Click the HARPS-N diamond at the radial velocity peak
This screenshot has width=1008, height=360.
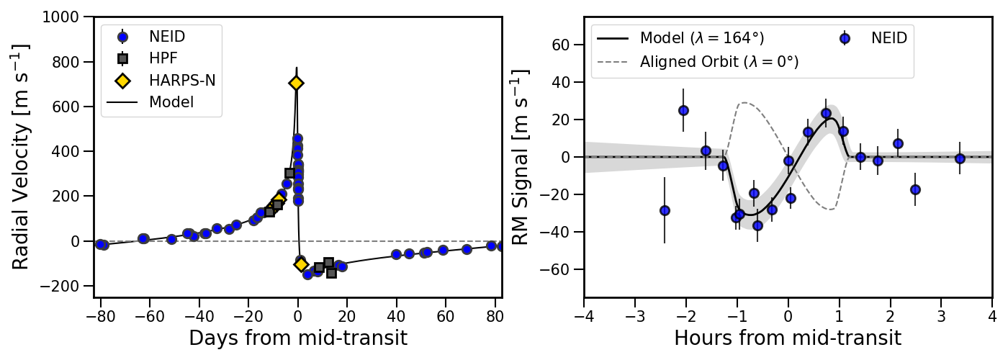point(296,83)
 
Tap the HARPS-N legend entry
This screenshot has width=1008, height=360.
point(181,80)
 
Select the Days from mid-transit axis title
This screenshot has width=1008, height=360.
point(298,338)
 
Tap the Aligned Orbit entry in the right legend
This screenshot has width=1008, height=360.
point(719,62)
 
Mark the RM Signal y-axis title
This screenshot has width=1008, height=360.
point(521,156)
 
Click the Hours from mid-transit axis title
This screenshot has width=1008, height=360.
point(788,338)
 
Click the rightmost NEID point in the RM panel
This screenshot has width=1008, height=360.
point(960,158)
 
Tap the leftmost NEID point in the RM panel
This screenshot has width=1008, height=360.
point(665,210)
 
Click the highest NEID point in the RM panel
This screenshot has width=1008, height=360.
point(683,110)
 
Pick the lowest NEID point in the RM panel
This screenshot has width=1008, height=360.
point(757,225)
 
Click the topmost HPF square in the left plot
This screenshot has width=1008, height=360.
point(289,173)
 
